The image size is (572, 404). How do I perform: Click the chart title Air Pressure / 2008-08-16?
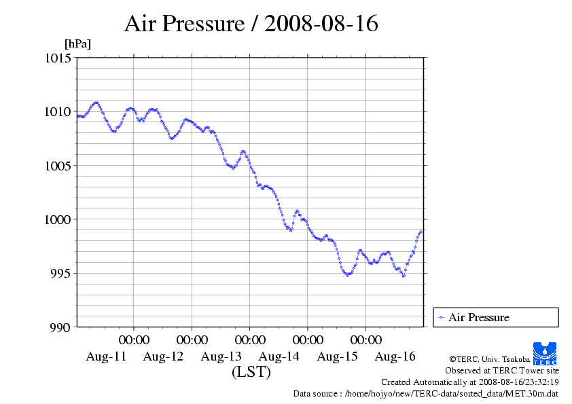coord(251,24)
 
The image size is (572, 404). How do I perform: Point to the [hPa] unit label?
coord(77,44)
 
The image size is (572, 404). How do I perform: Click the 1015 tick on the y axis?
coord(58,58)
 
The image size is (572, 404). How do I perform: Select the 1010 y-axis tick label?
coord(58,111)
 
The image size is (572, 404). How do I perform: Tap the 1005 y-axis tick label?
coord(58,165)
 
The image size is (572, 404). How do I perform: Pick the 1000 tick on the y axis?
coord(58,219)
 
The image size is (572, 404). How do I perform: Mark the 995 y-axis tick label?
coord(60,273)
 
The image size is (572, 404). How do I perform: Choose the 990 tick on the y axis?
coord(60,327)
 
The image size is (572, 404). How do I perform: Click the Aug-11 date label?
coord(106,356)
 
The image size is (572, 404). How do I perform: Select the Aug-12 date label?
coord(164,356)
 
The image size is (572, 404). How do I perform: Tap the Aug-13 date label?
coord(221,356)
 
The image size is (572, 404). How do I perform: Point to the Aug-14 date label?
coord(279,356)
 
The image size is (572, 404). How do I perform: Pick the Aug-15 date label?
coord(338,356)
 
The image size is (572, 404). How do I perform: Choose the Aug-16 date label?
coord(395,356)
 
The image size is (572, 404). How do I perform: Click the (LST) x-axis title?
coord(251,372)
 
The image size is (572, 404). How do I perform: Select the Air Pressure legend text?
coord(479,317)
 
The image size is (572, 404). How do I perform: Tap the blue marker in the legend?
coord(442,317)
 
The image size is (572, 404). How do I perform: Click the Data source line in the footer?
coord(425,393)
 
